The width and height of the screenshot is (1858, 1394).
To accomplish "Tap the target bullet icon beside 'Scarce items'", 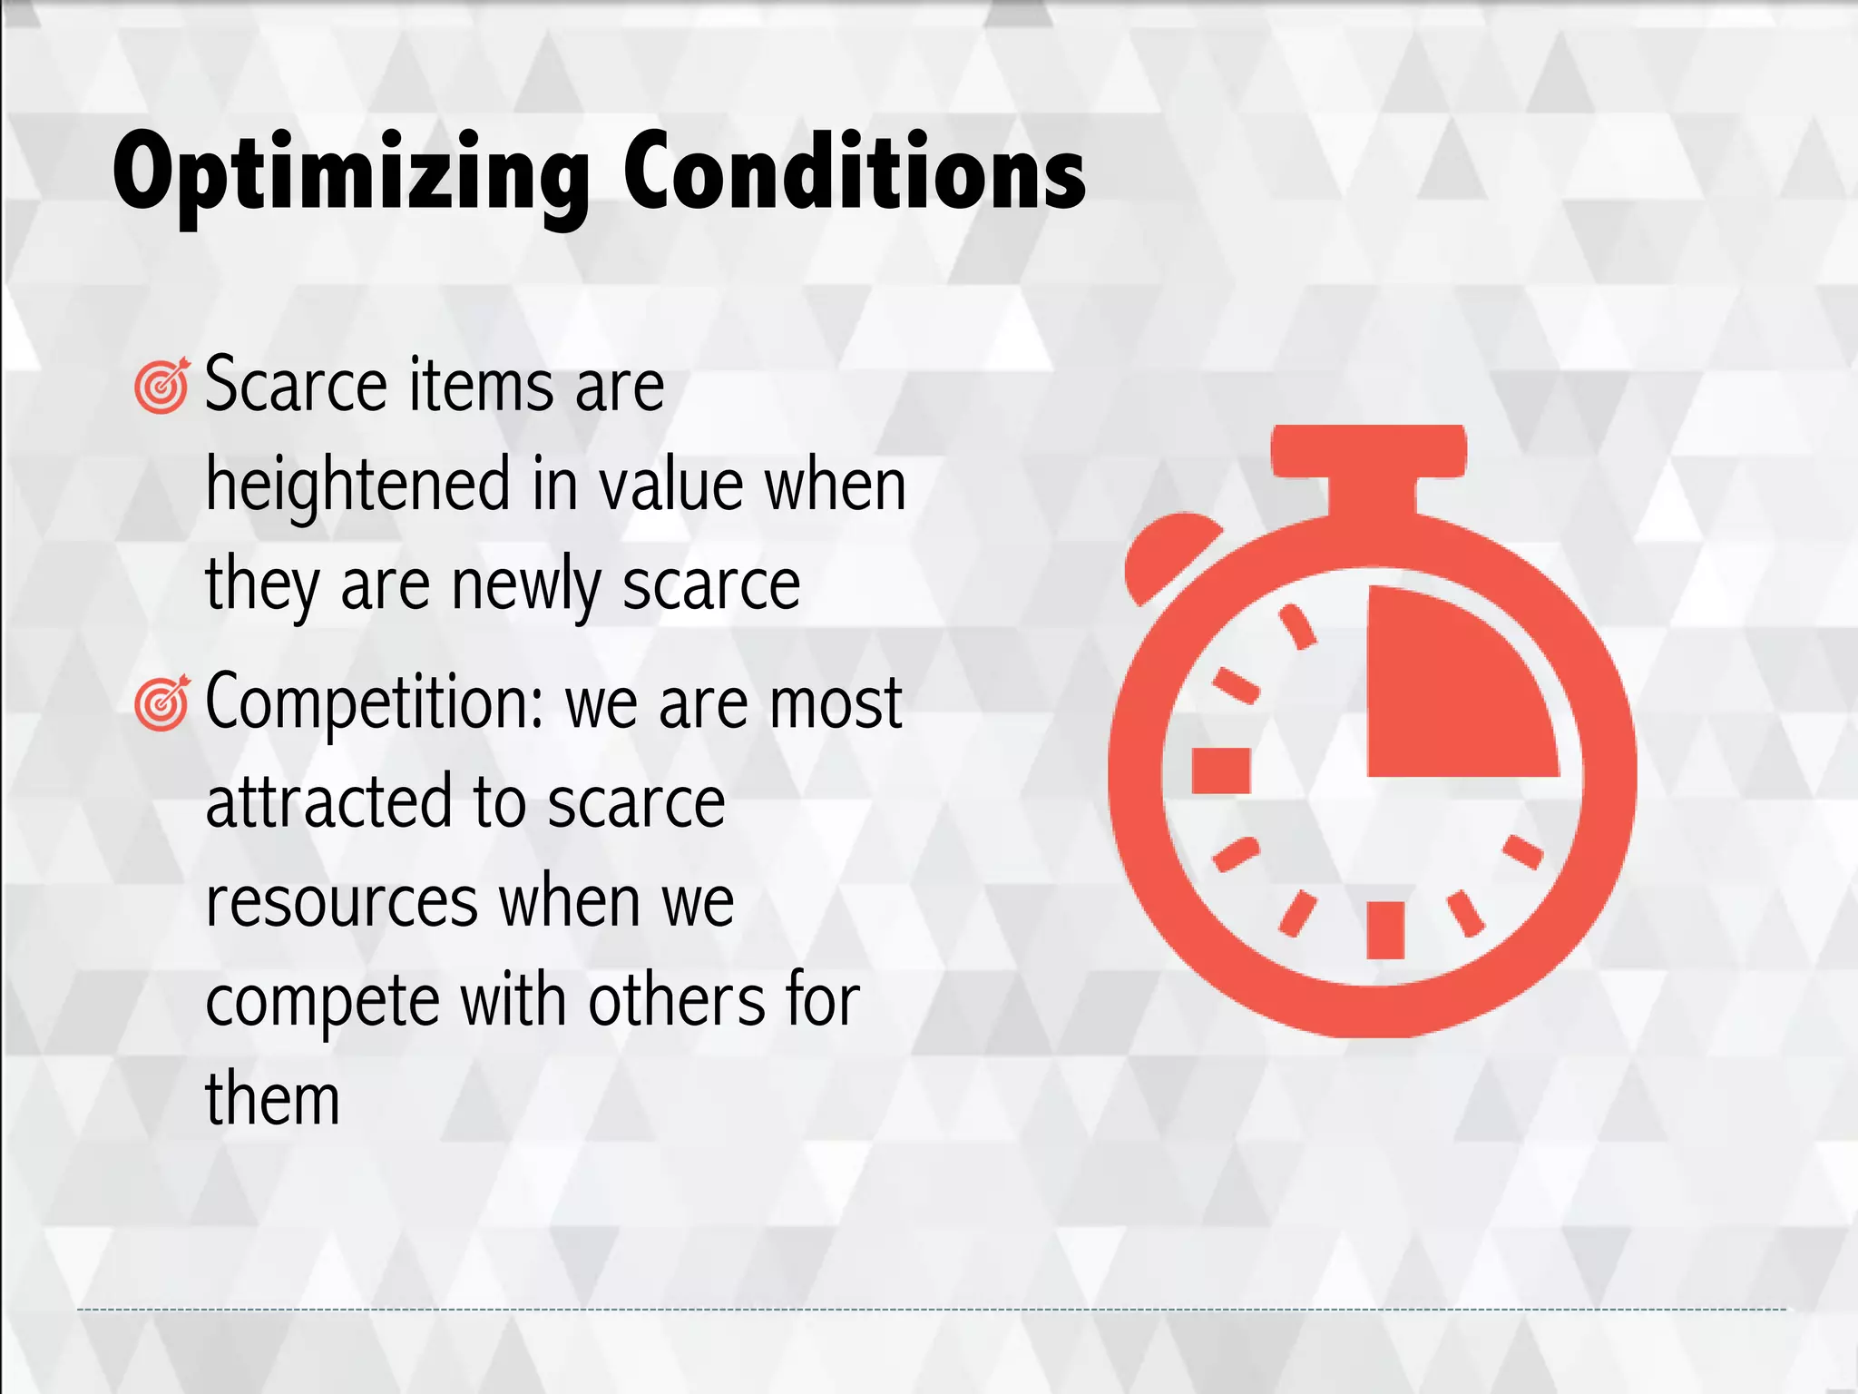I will coord(161,386).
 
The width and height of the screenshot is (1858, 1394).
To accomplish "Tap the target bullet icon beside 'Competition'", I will coord(161,703).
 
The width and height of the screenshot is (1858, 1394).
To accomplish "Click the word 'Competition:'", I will coord(375,703).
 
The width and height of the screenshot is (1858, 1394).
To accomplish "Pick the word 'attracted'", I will coord(328,802).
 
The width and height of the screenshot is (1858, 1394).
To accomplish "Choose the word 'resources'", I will coord(342,902).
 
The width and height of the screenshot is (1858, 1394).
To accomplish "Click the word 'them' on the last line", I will coord(272,1099).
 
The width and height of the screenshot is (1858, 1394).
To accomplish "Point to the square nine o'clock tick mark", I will coord(1221,771).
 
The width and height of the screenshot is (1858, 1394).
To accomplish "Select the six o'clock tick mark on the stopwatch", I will coord(1385,929).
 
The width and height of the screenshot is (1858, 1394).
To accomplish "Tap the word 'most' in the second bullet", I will coord(835,703).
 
